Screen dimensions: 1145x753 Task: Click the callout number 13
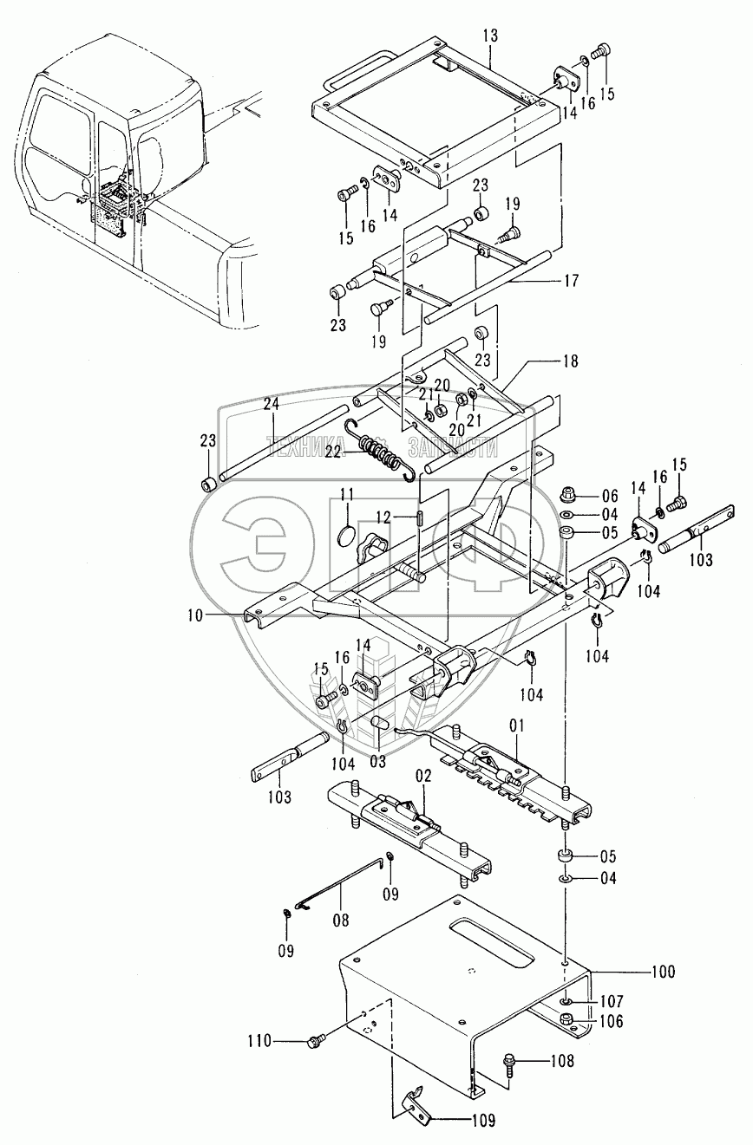490,36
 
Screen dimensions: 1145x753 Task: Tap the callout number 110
259,1040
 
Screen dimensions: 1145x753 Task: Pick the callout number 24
272,404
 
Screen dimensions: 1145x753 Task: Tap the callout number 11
346,495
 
